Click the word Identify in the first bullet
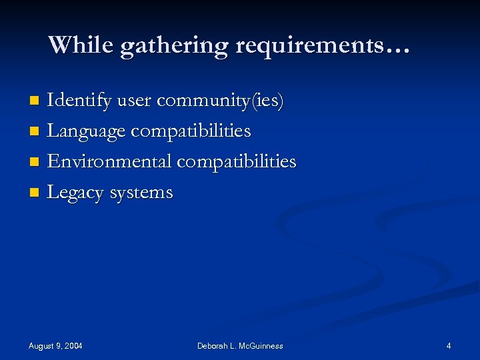coord(79,101)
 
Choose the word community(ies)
coord(221,101)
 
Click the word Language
coord(86,132)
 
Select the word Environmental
coord(109,162)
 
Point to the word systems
coord(141,193)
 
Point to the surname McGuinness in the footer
coord(257,346)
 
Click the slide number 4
coord(449,346)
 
